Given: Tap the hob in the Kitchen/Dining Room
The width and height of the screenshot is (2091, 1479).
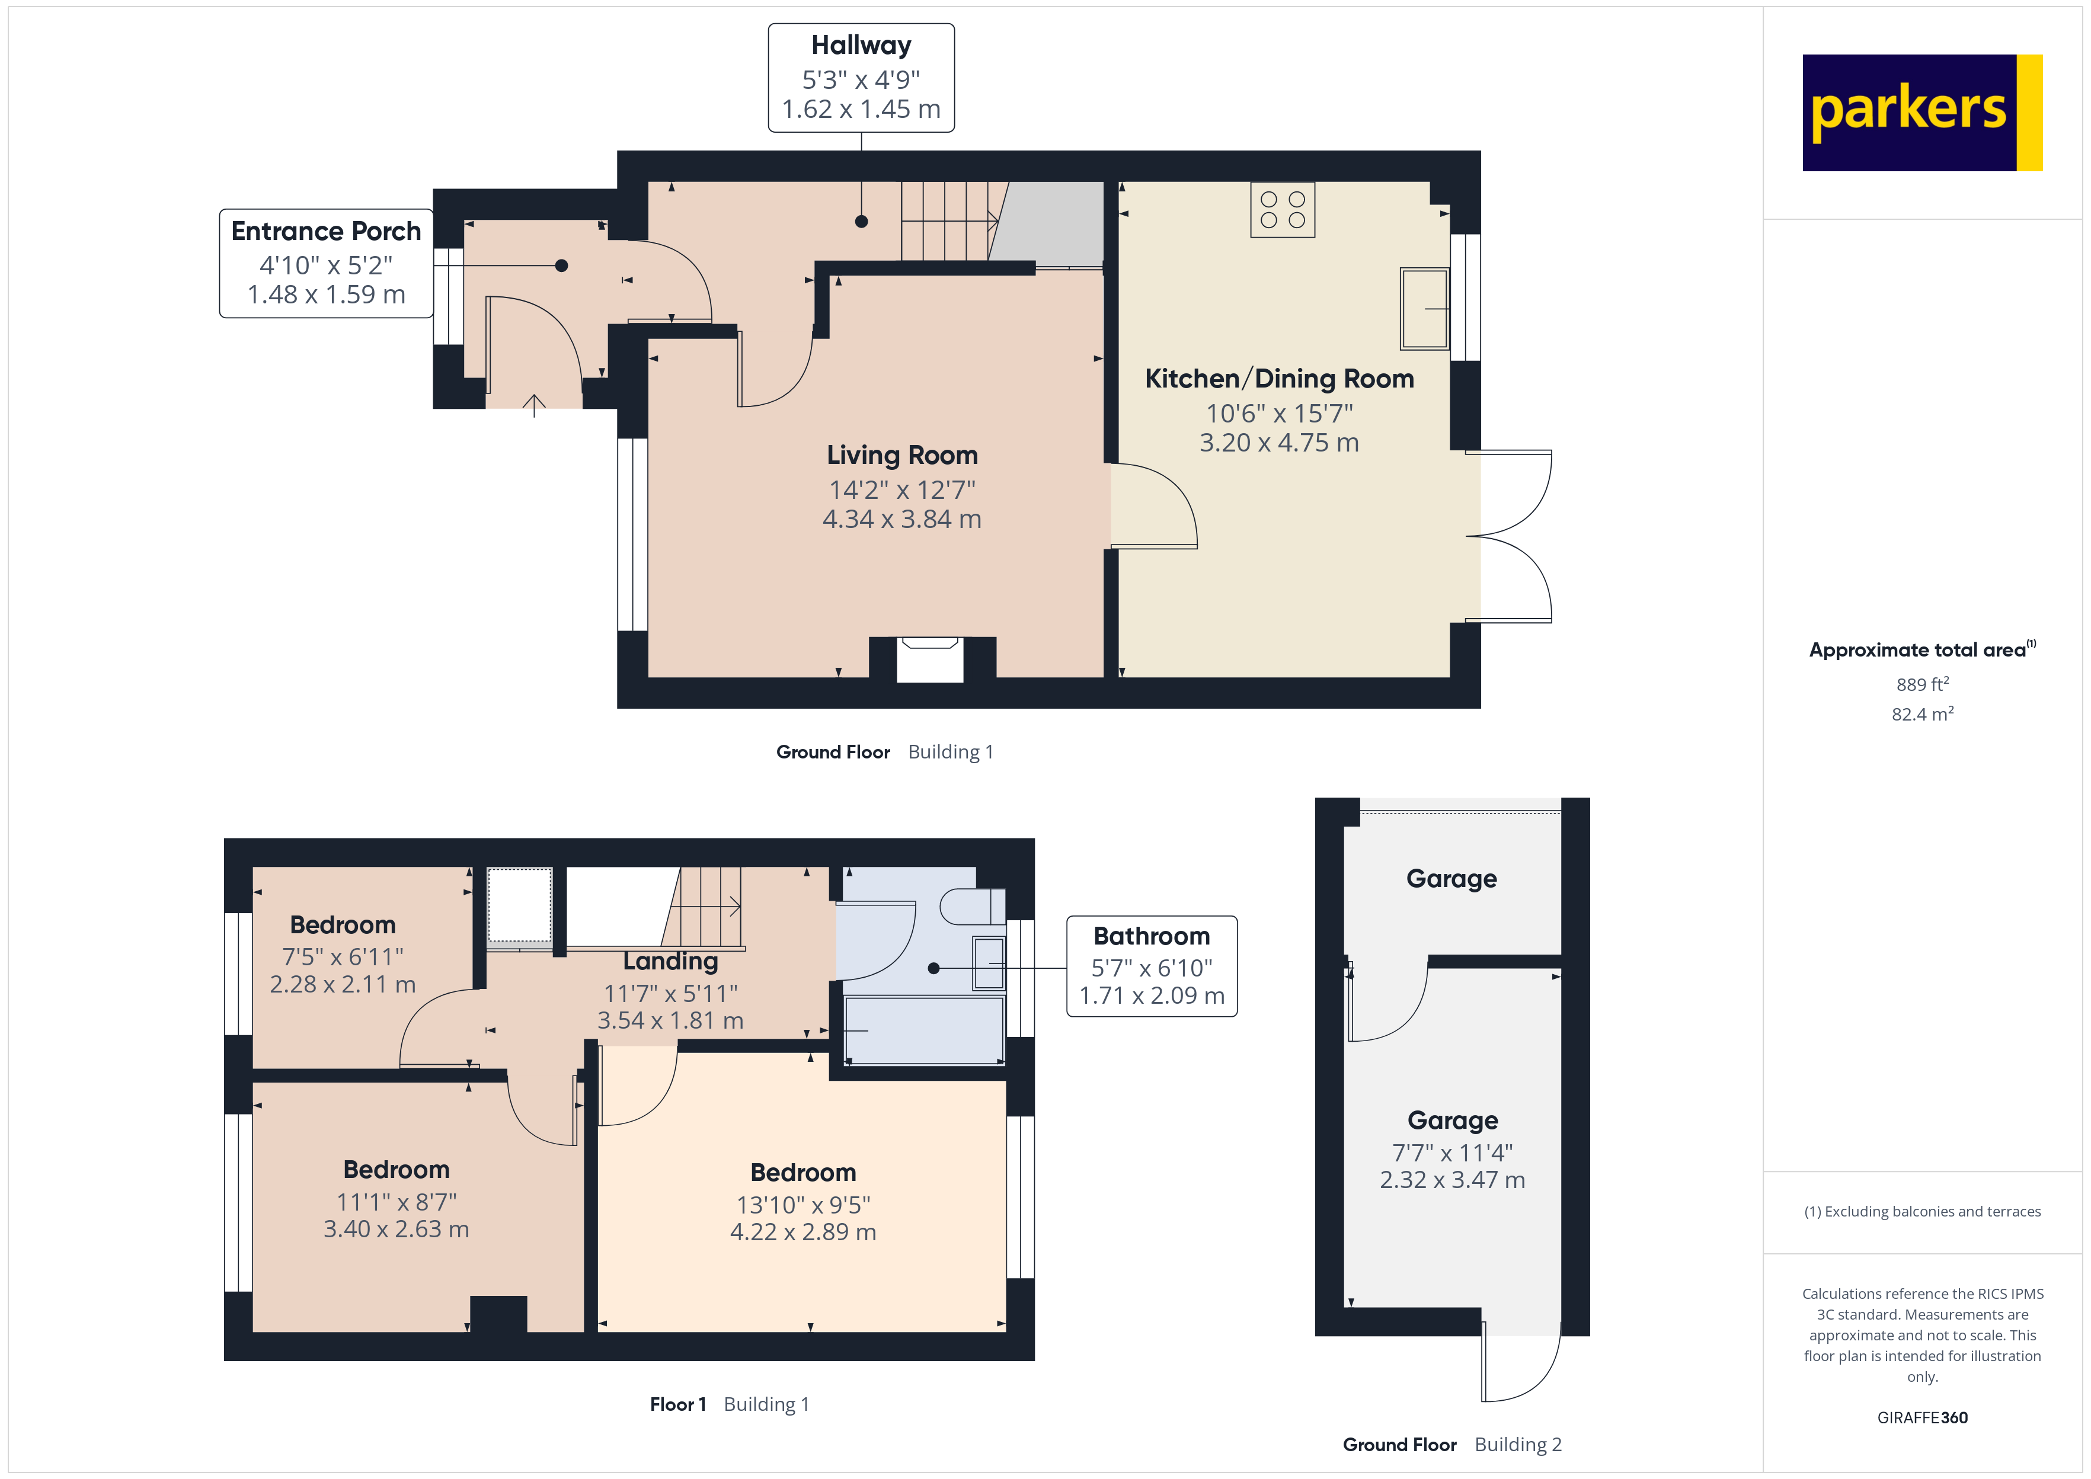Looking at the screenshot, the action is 1283,209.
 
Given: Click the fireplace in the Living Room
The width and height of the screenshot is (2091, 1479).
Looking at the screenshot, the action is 930,660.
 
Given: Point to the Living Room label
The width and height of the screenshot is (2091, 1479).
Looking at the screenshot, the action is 901,454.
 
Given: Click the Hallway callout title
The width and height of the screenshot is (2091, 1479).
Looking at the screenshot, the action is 861,46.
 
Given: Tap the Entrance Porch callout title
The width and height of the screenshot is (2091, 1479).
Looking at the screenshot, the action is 326,231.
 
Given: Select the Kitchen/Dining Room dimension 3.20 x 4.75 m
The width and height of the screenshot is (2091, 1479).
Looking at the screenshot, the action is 1278,443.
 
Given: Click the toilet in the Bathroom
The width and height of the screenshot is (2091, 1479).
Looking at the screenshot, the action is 972,906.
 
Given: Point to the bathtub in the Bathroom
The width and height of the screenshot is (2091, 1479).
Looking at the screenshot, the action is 925,1030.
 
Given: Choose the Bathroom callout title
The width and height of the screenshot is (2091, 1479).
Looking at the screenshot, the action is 1151,936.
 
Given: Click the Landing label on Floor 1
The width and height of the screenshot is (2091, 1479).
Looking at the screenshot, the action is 670,962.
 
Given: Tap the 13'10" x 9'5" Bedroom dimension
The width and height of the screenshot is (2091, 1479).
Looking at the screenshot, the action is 803,1205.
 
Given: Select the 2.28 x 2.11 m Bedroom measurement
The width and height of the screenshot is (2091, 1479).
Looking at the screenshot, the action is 343,984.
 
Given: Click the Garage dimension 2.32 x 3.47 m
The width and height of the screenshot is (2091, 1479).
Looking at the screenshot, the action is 1451,1180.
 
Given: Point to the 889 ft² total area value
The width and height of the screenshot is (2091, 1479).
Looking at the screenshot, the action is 1923,684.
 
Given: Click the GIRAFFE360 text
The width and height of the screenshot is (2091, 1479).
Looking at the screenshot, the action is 1923,1418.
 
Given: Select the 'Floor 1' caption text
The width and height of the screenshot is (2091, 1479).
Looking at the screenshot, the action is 677,1404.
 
